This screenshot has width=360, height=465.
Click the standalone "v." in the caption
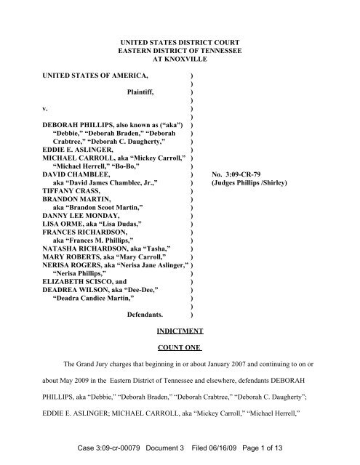(x=45, y=111)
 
